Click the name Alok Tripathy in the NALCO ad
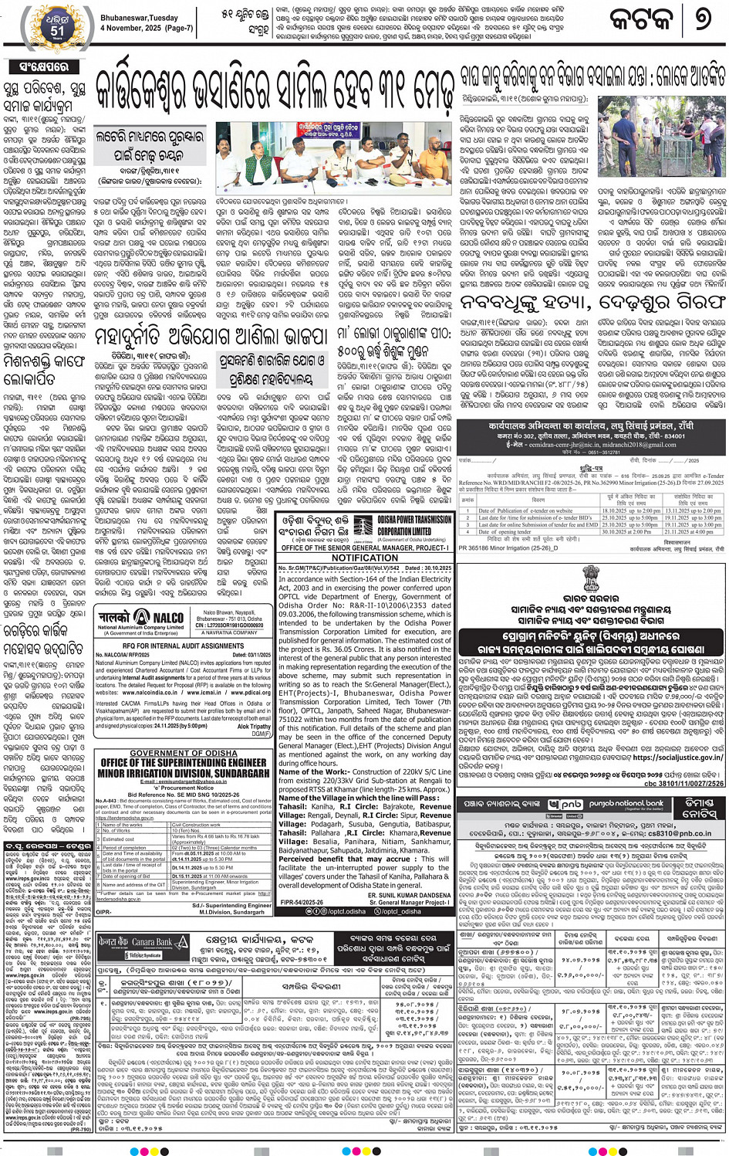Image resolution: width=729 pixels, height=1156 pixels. pyautogui.click(x=254, y=727)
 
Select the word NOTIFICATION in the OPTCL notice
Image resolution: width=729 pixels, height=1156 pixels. pyautogui.click(x=365, y=558)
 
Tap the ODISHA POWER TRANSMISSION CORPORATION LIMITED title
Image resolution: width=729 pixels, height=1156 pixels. pyautogui.click(x=415, y=526)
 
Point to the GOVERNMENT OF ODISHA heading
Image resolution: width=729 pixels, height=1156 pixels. pyautogui.click(x=184, y=753)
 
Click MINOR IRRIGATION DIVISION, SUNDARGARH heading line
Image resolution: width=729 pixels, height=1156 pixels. pyautogui.click(x=184, y=772)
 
